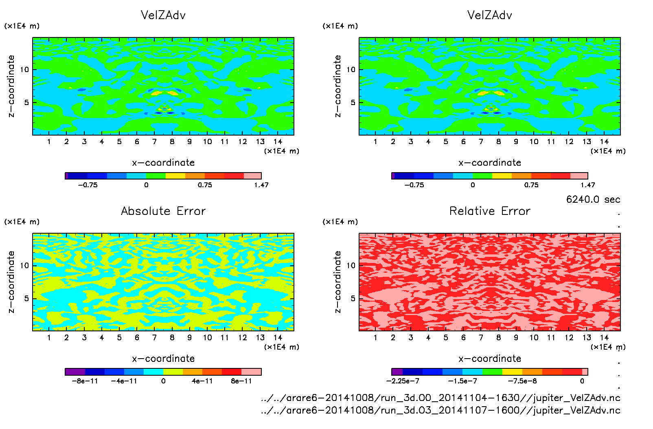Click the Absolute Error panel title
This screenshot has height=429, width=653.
[x=163, y=211]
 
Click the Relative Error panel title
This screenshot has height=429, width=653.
[x=490, y=211]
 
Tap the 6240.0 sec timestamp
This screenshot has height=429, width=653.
[x=593, y=199]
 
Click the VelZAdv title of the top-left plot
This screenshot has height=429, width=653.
[x=163, y=15]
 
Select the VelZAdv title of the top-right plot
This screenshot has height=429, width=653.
[x=490, y=15]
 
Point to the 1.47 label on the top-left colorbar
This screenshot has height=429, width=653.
[x=261, y=185]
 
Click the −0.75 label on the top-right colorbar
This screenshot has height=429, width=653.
[x=414, y=185]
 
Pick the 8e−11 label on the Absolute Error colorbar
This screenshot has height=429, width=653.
[x=241, y=381]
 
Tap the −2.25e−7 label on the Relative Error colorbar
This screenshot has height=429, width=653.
[x=403, y=381]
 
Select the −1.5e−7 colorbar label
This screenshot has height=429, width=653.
[x=462, y=381]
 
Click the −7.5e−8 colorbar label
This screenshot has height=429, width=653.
[x=522, y=381]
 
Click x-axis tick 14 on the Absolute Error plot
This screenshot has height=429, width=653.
[x=278, y=338]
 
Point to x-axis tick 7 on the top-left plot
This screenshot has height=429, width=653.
[x=154, y=142]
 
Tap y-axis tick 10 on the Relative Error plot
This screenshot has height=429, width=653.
[x=351, y=266]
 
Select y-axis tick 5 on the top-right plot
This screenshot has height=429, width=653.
[x=353, y=103]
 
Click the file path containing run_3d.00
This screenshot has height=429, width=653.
[x=440, y=398]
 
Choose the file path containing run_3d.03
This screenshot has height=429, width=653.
[x=440, y=410]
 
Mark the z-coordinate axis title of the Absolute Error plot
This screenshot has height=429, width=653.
[x=11, y=282]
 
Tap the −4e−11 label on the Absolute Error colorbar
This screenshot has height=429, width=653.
[x=124, y=381]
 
